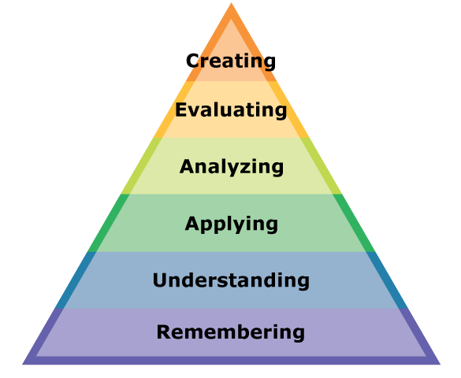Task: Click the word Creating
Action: pyautogui.click(x=231, y=61)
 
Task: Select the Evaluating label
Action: pyautogui.click(x=231, y=110)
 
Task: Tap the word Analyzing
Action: pyautogui.click(x=232, y=167)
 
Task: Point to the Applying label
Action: pyautogui.click(x=232, y=224)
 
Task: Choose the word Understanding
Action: pyautogui.click(x=231, y=280)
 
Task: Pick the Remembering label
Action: pyautogui.click(x=231, y=332)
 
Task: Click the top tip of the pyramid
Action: pyautogui.click(x=231, y=3)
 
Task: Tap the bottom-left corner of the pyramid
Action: pyautogui.click(x=23, y=365)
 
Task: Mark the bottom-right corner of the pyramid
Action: pyautogui.click(x=441, y=365)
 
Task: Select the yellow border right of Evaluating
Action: pyautogui.click(x=288, y=109)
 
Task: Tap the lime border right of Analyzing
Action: pyautogui.click(x=321, y=166)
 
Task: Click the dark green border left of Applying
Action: pyautogui.click(x=109, y=223)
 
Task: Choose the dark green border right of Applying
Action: pyautogui.click(x=354, y=223)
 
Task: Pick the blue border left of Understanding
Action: pyautogui.click(x=76, y=280)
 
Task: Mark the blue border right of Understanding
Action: pyautogui.click(x=387, y=280)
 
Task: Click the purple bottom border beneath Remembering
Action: pyautogui.click(x=231, y=361)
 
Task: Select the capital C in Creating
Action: pyautogui.click(x=193, y=61)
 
